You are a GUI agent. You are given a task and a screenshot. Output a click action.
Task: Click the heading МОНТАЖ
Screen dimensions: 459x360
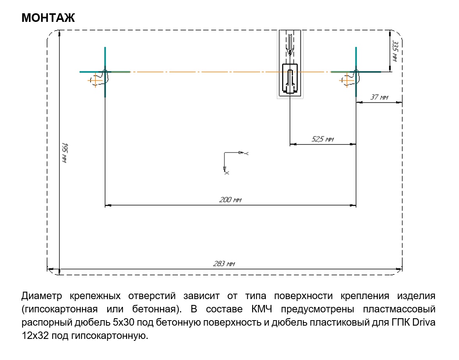[x=48, y=18]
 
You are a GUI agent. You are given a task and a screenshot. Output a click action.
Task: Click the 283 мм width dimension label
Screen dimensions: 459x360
[x=224, y=264]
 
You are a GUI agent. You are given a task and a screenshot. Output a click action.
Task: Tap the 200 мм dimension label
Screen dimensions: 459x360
[x=230, y=200]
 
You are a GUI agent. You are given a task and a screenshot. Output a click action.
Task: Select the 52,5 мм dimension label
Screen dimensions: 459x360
[x=322, y=139]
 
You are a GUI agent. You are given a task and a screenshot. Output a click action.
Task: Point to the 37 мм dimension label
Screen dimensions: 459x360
[x=379, y=97]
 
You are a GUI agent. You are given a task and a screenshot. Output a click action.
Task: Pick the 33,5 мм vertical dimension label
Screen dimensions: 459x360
[x=395, y=51]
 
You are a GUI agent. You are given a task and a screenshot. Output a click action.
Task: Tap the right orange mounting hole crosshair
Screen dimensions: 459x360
[x=347, y=80]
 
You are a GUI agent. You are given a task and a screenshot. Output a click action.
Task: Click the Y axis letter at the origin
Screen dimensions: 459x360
[x=246, y=153]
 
